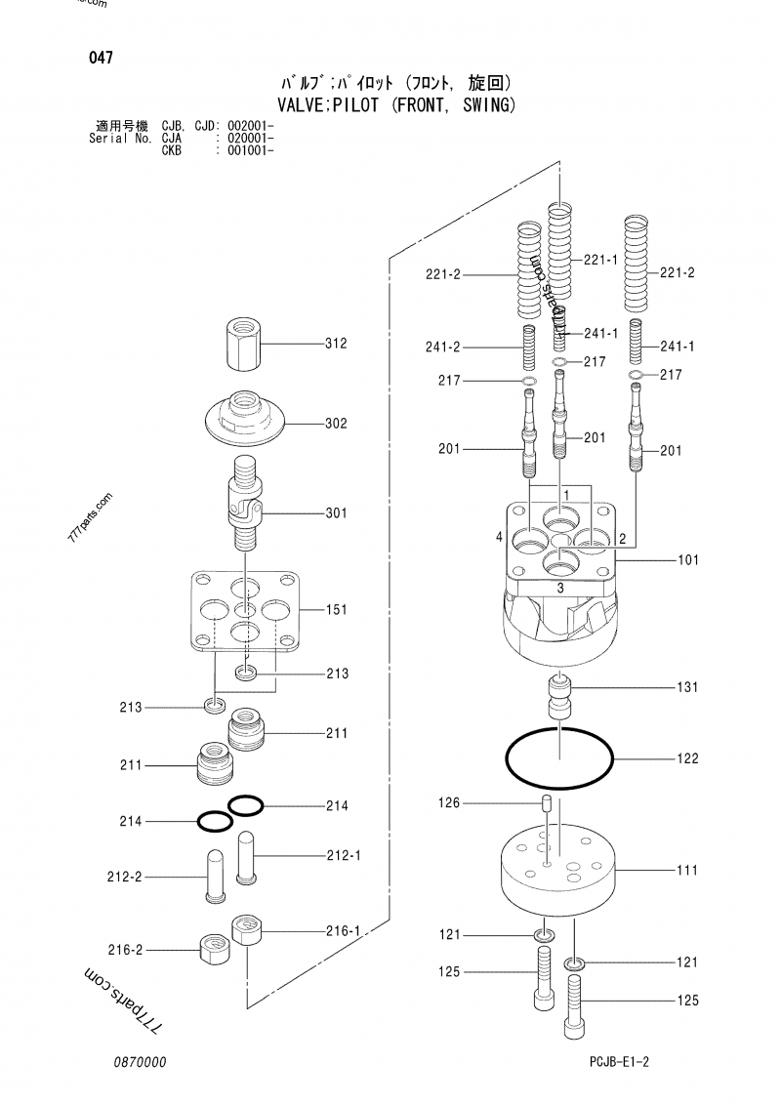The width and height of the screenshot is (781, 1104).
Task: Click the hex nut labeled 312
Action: pos(244,345)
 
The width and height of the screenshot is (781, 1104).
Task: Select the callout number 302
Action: pos(336,425)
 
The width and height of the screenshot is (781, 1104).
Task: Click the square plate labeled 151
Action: pos(244,612)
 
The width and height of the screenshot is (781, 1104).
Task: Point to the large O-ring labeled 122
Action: pos(558,756)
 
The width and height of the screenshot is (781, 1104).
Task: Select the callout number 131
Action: pos(687,688)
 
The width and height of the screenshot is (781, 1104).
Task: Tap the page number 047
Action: pos(100,59)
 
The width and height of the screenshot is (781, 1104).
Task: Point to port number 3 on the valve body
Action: pos(559,590)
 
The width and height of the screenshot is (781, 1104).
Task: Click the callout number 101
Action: pos(687,561)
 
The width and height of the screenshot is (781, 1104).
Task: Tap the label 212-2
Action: pos(124,878)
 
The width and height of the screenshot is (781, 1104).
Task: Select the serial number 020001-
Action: pos(249,140)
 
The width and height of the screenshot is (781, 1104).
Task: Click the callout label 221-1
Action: pos(601,260)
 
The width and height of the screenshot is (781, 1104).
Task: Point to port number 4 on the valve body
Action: pos(499,538)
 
